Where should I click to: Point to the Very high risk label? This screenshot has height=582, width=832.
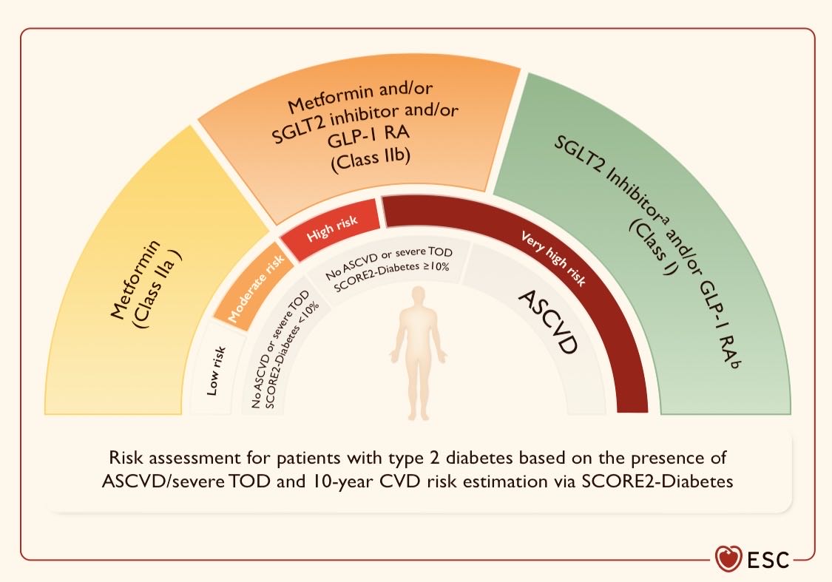[x=553, y=259]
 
